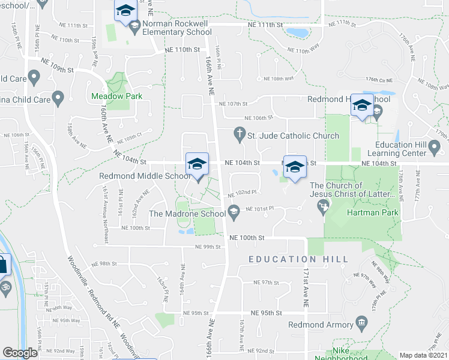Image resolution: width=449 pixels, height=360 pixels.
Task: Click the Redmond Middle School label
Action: click(x=145, y=176)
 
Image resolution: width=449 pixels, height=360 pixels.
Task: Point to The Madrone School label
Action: click(x=186, y=214)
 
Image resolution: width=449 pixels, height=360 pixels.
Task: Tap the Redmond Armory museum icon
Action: click(x=361, y=324)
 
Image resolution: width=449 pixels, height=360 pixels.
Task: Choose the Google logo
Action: click(x=20, y=353)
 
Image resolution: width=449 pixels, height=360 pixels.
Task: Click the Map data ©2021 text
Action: click(x=423, y=355)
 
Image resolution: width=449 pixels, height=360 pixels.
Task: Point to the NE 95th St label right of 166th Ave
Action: click(x=267, y=313)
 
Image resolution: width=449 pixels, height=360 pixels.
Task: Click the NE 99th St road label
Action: click(x=208, y=247)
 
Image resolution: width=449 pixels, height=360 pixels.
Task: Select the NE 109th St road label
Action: click(x=57, y=65)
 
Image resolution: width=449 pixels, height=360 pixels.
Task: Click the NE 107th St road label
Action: click(x=234, y=103)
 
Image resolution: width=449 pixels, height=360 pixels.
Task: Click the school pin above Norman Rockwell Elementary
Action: click(x=125, y=11)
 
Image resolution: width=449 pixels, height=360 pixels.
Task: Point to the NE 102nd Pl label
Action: click(x=243, y=193)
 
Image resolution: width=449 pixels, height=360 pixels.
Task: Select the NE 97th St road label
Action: click(x=267, y=282)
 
